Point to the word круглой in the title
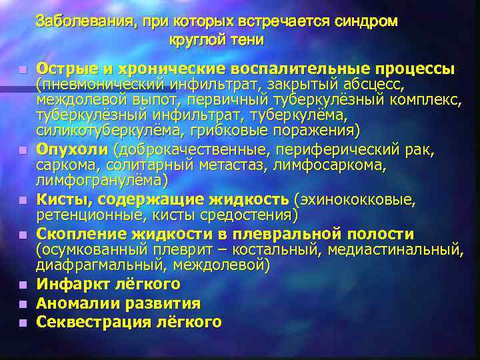click(194, 40)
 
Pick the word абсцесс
click(381, 85)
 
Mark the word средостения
click(252, 215)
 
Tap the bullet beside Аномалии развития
click(22, 305)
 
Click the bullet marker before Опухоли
click(22, 148)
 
